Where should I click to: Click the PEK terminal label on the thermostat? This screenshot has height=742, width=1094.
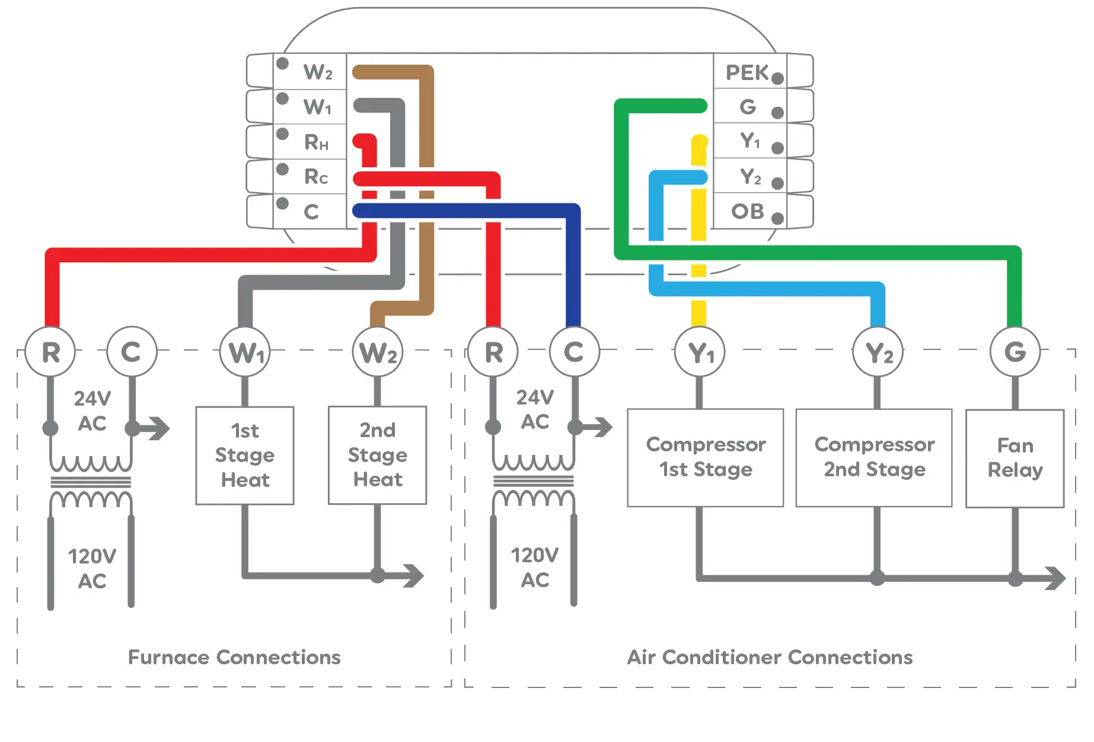pos(747,73)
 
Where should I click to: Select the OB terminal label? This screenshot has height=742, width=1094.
pos(747,211)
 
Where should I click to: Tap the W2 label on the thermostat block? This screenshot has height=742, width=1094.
pos(317,72)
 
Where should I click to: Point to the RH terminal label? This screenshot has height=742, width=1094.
pos(316,142)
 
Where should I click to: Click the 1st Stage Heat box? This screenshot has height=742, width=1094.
pos(245,456)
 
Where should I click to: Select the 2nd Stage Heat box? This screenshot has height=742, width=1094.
pos(378,455)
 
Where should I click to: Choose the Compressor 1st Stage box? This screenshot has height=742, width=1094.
pos(706,457)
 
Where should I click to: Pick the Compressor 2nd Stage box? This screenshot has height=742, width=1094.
pos(874,457)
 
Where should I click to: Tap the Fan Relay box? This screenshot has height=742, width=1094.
pos(1015,458)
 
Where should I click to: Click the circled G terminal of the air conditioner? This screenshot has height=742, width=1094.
pos(1015,352)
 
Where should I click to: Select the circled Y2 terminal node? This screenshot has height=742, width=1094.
pos(878,353)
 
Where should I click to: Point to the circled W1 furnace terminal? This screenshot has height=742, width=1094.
pos(245,353)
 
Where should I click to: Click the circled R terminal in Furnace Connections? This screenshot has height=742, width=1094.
pos(51,352)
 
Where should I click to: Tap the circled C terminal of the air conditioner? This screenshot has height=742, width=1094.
pos(574,352)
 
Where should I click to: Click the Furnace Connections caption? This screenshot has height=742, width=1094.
pos(234,657)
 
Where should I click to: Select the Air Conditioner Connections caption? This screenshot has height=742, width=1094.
pos(770,657)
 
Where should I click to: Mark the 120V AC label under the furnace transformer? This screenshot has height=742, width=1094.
pos(92,568)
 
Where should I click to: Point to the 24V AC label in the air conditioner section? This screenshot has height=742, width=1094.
pos(535,409)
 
